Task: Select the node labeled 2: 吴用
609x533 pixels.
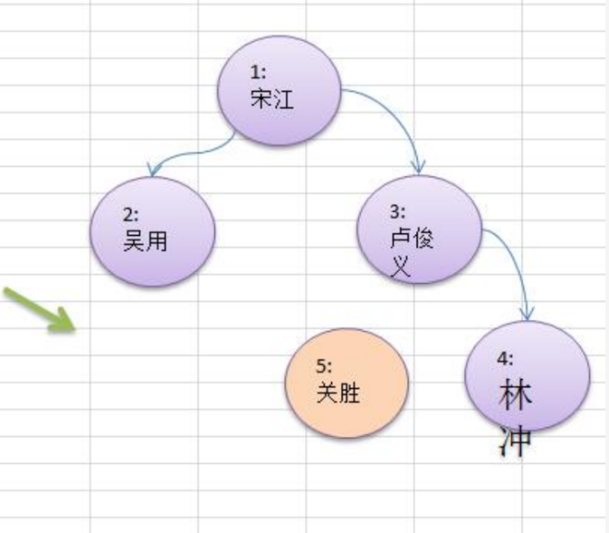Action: [x=153, y=232]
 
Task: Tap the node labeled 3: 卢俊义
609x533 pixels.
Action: [x=422, y=229]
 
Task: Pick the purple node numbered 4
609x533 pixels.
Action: [x=528, y=374]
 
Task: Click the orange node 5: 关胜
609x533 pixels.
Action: [x=347, y=384]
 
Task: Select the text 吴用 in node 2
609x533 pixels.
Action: [x=145, y=241]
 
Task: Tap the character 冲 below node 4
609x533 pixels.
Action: [x=516, y=441]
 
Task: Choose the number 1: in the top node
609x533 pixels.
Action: [x=258, y=73]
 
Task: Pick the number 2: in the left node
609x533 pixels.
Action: [x=131, y=215]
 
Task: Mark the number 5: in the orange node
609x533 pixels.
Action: [x=323, y=367]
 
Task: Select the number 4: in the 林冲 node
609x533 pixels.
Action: [x=505, y=358]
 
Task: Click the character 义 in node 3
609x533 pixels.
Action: [x=400, y=265]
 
